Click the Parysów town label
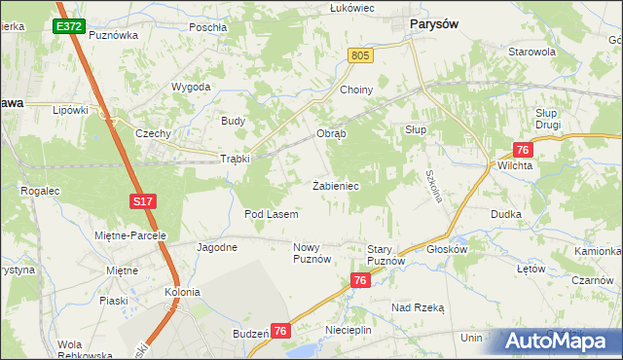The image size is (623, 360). (434, 22)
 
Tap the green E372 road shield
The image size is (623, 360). (68, 26)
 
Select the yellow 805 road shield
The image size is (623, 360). (360, 57)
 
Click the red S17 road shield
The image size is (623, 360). (143, 201)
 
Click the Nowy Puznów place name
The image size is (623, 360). (313, 253)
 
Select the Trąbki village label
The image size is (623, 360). (235, 159)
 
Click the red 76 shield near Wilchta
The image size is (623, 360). (523, 149)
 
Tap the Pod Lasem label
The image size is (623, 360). (271, 214)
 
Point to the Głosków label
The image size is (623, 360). (448, 249)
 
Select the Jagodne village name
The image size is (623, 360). (217, 247)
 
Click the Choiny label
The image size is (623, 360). (356, 90)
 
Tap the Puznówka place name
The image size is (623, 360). (114, 34)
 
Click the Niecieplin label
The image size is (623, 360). (348, 331)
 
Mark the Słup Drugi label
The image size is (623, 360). (553, 119)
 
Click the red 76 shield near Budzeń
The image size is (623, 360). (280, 332)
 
